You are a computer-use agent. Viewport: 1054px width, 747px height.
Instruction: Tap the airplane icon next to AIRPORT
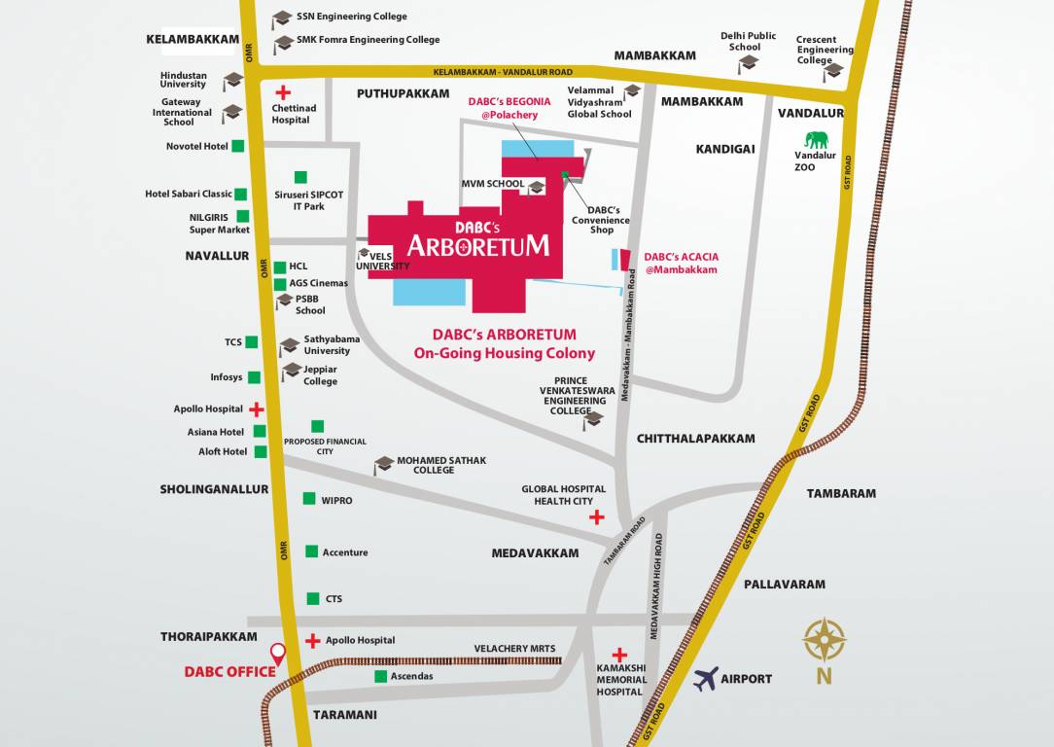tap(706, 678)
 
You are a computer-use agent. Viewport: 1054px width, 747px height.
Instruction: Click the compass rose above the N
tap(824, 640)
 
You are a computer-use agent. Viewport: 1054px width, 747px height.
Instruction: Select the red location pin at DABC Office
tap(278, 655)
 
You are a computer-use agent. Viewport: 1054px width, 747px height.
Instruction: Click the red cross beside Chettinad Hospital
tap(283, 93)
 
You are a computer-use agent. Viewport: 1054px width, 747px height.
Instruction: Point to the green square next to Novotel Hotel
tap(238, 146)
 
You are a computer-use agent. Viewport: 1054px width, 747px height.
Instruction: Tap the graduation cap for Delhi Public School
tap(748, 63)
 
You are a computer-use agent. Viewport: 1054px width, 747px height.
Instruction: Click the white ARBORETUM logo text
tap(477, 244)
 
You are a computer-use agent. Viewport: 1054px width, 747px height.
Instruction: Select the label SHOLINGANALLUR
tap(214, 489)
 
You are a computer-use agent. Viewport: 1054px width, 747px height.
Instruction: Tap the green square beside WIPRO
tap(309, 499)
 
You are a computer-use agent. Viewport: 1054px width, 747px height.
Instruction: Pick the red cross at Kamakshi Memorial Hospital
tap(619, 655)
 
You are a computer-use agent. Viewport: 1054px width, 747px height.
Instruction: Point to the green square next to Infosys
tap(254, 377)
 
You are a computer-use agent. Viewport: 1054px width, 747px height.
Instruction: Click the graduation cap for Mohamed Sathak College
tap(384, 464)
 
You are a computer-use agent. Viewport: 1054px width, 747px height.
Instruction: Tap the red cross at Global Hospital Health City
tap(596, 517)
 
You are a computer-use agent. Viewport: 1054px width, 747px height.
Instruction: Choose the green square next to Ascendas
tap(379, 676)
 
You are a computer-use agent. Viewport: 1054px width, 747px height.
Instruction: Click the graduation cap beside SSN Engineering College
tap(282, 18)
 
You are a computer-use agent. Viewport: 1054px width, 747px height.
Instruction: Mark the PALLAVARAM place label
tap(784, 585)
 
